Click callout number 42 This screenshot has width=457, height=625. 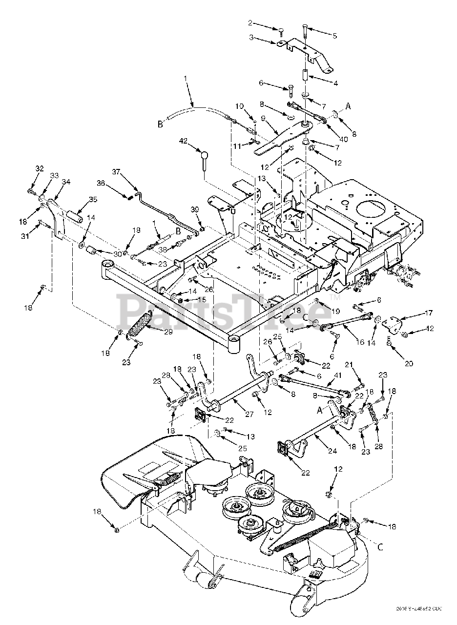(x=184, y=142)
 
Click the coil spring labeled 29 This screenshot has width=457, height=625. (x=141, y=325)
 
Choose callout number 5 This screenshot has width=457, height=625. (x=335, y=36)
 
